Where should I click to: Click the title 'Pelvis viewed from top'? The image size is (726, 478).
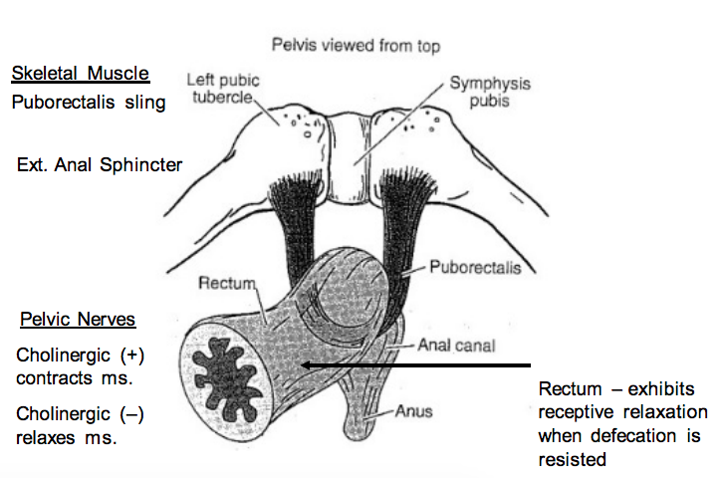click(x=355, y=46)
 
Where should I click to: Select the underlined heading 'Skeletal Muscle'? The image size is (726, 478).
click(x=81, y=75)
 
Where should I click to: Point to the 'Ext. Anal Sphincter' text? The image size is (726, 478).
click(x=100, y=164)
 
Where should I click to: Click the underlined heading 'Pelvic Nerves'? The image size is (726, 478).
click(x=78, y=321)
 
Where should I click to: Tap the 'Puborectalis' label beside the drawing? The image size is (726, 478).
click(x=476, y=267)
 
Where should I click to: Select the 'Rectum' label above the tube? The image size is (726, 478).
click(x=228, y=284)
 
